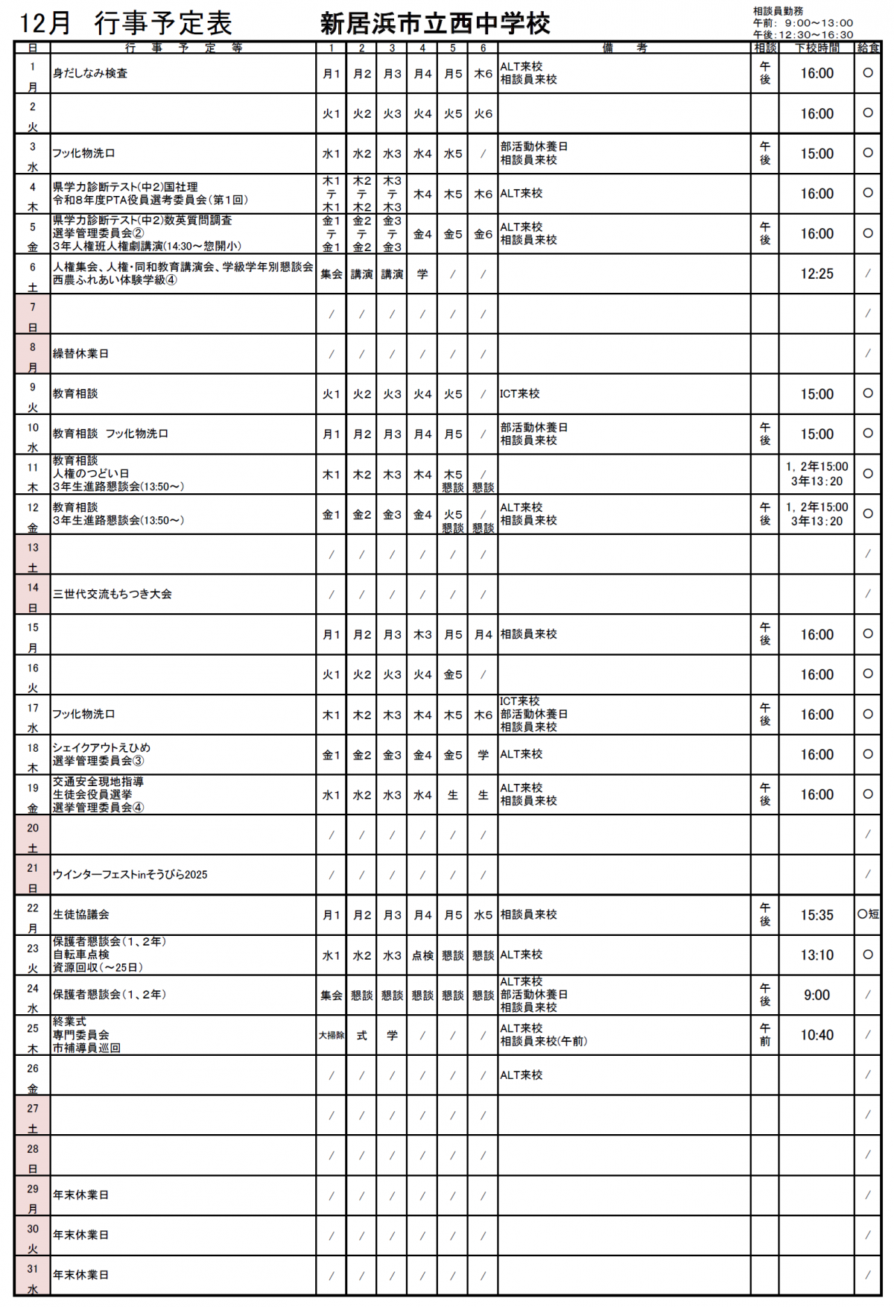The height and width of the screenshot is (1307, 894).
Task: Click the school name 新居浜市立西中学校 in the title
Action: click(x=435, y=24)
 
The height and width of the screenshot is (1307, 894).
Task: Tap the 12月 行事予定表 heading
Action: click(x=125, y=24)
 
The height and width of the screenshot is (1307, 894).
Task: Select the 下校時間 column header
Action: click(x=817, y=48)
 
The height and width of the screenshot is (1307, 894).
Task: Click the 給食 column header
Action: click(x=868, y=48)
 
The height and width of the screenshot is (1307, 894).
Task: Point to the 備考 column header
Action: click(x=624, y=48)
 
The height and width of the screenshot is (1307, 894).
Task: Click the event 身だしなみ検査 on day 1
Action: click(x=90, y=74)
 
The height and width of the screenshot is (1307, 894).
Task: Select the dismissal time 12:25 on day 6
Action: click(x=817, y=274)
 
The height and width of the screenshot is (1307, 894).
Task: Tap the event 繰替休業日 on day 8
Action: click(x=80, y=354)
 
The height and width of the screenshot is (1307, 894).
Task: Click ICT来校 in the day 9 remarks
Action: click(x=519, y=394)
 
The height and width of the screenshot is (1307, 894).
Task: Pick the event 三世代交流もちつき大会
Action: click(x=112, y=595)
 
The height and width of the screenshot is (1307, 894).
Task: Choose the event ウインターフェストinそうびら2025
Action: click(x=130, y=875)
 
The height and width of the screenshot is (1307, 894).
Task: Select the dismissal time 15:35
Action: click(x=817, y=915)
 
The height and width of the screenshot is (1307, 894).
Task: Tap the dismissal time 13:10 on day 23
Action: click(x=817, y=955)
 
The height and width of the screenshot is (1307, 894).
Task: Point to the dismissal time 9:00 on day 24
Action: click(x=817, y=996)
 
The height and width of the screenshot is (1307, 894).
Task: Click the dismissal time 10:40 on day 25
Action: click(x=817, y=1036)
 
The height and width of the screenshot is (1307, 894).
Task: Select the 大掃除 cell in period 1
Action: click(x=332, y=1036)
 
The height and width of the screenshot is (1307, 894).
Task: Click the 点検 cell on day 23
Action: click(x=422, y=955)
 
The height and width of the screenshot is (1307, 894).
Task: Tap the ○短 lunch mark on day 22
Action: click(x=868, y=914)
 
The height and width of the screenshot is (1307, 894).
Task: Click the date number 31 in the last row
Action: click(x=33, y=1269)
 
